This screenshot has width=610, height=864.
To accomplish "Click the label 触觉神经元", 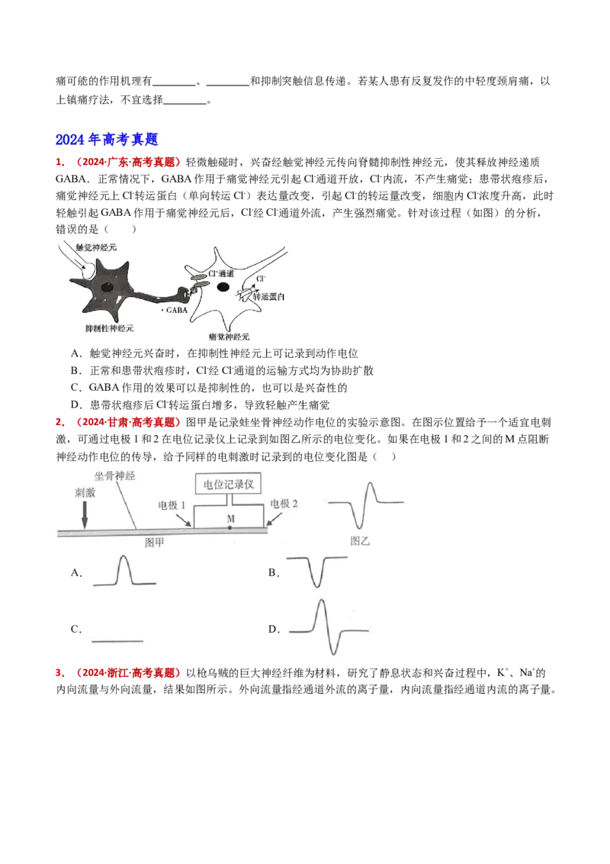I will [x=97, y=247].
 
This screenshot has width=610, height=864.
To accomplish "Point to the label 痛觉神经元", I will [x=228, y=336].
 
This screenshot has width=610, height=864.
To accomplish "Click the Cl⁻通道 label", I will [x=220, y=273].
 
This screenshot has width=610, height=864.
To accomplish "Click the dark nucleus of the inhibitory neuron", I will [x=109, y=288].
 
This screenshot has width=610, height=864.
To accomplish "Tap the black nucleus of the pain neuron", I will [x=223, y=287].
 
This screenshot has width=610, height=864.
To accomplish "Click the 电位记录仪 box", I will [x=229, y=484].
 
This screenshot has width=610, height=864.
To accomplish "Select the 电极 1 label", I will [x=172, y=505].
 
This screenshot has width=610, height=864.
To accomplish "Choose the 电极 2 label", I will [x=284, y=504].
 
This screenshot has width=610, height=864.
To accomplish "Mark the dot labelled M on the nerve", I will [x=230, y=527].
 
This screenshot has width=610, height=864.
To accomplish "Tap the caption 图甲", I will [x=155, y=541].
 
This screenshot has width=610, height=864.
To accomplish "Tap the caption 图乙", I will [x=359, y=540].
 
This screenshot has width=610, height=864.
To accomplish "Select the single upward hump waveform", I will [x=121, y=571].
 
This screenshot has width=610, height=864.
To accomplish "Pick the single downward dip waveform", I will [x=318, y=571].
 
